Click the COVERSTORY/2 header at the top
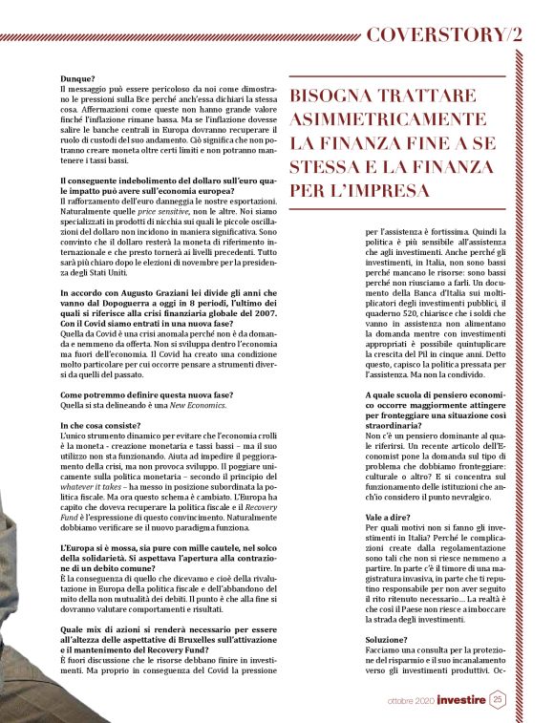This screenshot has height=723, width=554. coord(445,34)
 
